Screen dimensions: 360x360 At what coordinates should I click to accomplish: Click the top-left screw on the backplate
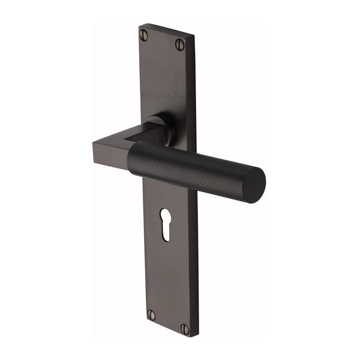pos(145,35)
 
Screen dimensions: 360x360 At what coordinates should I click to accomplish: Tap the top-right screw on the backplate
pos(179,44)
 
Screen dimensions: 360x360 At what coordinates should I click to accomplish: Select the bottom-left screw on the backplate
pos(151,315)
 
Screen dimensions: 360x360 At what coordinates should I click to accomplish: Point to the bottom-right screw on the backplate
pos(185,329)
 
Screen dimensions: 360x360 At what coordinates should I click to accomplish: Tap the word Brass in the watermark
pos(181,95)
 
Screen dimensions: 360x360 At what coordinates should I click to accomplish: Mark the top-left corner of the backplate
pos(140,25)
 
